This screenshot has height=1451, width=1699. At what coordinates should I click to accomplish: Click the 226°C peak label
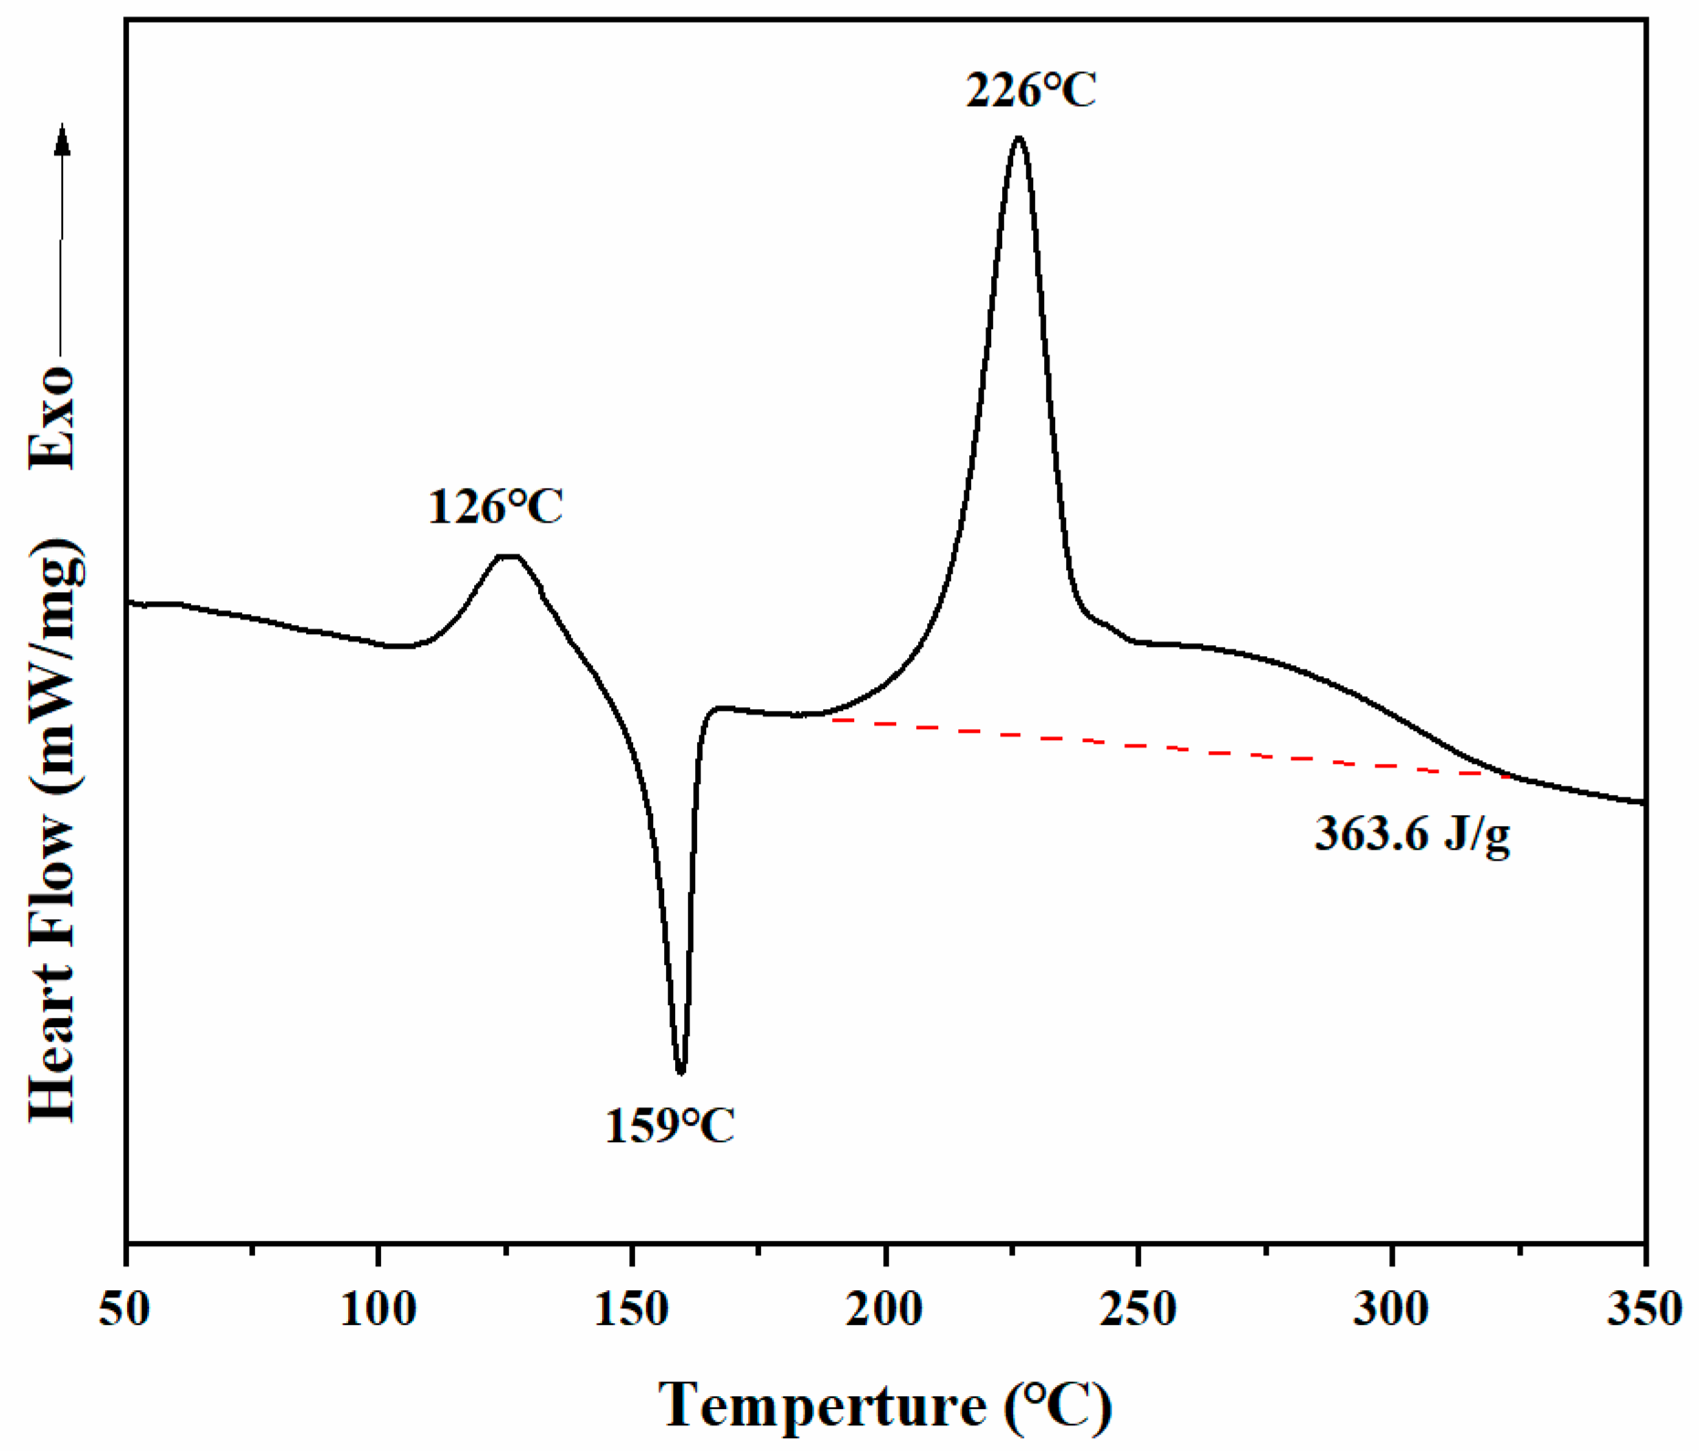pyautogui.click(x=1030, y=90)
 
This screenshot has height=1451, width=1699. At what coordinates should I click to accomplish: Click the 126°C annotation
pyautogui.click(x=496, y=507)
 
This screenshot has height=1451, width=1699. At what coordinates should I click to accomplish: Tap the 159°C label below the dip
pyautogui.click(x=670, y=1126)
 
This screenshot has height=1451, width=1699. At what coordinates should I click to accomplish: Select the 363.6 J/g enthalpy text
pyautogui.click(x=1412, y=834)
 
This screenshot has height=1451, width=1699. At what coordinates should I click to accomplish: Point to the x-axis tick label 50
pyautogui.click(x=125, y=1309)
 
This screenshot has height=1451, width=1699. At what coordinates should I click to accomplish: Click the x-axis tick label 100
pyautogui.click(x=378, y=1309)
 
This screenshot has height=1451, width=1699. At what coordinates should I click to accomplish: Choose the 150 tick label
pyautogui.click(x=631, y=1309)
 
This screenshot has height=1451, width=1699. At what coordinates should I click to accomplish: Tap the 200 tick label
pyautogui.click(x=884, y=1309)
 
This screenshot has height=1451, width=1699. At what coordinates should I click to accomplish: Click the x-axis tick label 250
pyautogui.click(x=1138, y=1309)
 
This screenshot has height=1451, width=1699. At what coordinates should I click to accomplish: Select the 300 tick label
pyautogui.click(x=1391, y=1309)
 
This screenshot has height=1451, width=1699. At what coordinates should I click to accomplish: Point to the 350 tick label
pyautogui.click(x=1644, y=1309)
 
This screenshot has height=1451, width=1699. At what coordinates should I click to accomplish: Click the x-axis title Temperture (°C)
pyautogui.click(x=885, y=1404)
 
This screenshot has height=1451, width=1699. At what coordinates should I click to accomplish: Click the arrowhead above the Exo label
pyautogui.click(x=62, y=139)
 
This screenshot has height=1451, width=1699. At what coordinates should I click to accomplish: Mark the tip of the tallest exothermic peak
pyautogui.click(x=1018, y=138)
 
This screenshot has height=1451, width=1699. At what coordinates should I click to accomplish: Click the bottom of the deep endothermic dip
pyautogui.click(x=681, y=1072)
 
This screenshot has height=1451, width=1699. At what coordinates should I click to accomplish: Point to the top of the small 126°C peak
pyautogui.click(x=508, y=556)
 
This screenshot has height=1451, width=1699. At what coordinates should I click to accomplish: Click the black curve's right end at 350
pyautogui.click(x=1642, y=802)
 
